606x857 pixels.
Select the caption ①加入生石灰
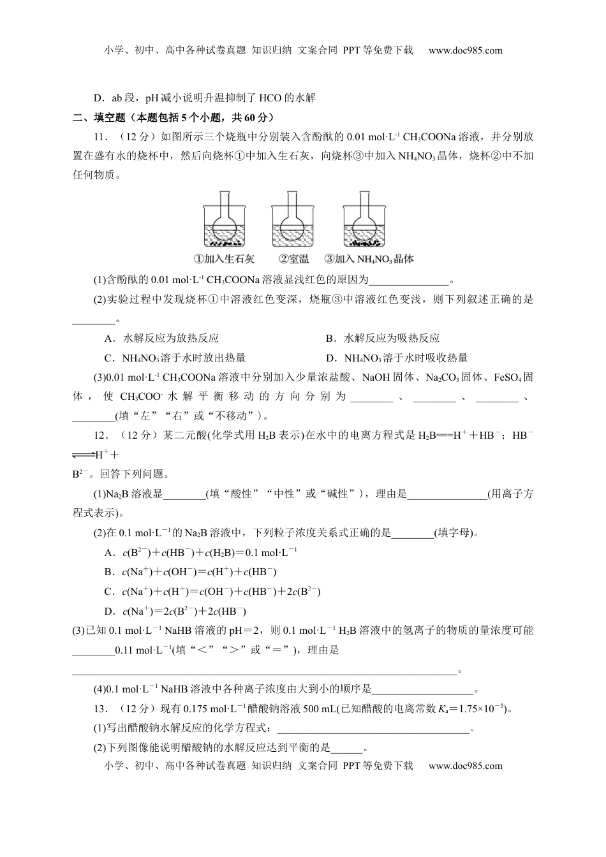[x=223, y=259]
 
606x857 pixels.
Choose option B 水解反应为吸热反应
[x=383, y=338]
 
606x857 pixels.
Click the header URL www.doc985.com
[x=466, y=50]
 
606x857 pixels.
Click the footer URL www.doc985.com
[x=466, y=765]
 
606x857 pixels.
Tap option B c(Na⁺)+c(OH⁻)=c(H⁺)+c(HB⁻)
[x=191, y=572]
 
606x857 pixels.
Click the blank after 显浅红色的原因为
[x=409, y=280]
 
